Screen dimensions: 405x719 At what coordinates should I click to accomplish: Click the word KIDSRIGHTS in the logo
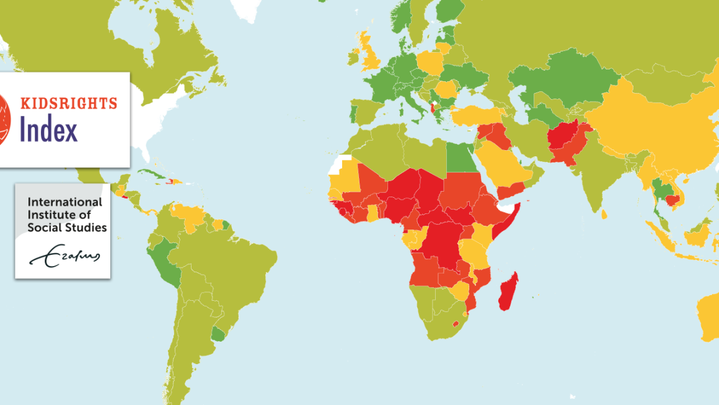pyautogui.click(x=69, y=103)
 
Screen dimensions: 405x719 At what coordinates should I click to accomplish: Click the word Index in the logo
pyautogui.click(x=49, y=130)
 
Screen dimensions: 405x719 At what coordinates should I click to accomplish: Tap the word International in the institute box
pyautogui.click(x=64, y=202)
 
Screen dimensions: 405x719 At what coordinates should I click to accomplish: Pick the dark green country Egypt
pyautogui.click(x=460, y=155)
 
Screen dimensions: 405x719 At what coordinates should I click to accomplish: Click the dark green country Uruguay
pyautogui.click(x=218, y=336)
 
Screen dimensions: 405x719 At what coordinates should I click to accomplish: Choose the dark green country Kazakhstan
pyautogui.click(x=558, y=81)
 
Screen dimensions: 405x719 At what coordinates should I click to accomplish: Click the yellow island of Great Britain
pyautogui.click(x=373, y=56)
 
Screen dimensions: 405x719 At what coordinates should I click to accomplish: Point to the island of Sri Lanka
pyautogui.click(x=604, y=215)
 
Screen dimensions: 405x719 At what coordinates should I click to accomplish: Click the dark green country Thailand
pyautogui.click(x=659, y=189)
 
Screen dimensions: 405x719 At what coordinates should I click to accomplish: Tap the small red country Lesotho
pyautogui.click(x=456, y=324)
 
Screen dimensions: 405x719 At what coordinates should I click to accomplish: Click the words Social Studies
pyautogui.click(x=67, y=228)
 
